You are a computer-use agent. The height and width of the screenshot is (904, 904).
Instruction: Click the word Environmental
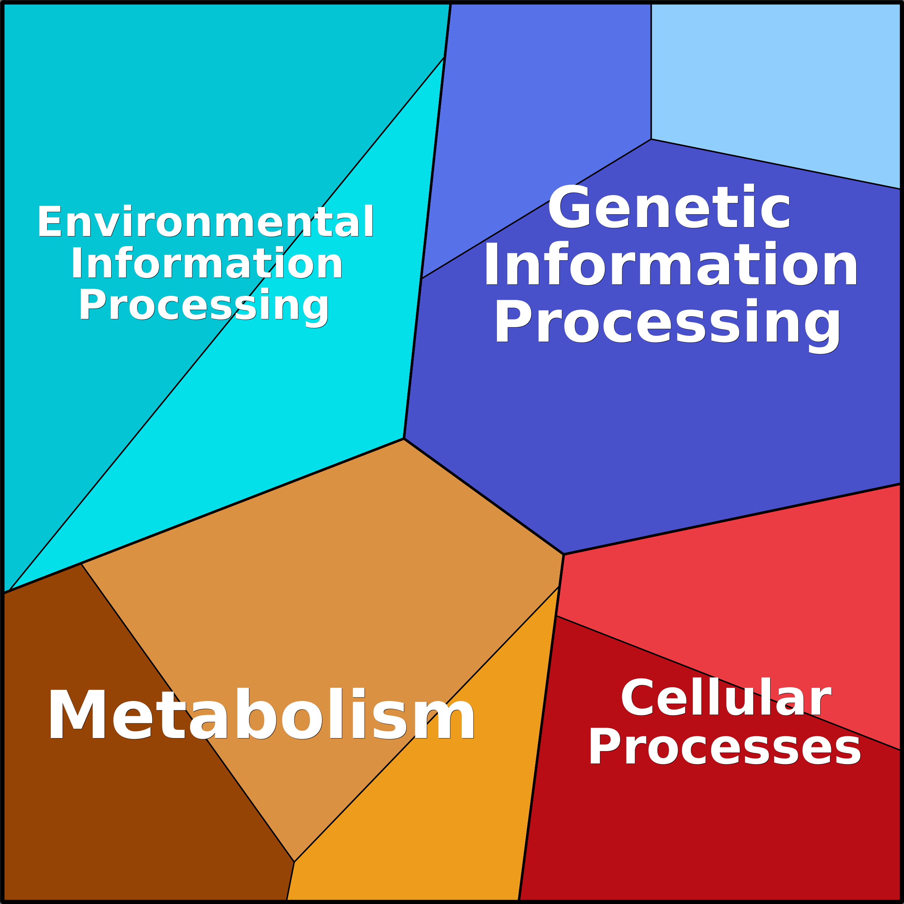point(205,221)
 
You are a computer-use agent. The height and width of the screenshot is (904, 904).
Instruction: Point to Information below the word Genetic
point(670,263)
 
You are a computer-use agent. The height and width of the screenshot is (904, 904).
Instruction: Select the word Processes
point(725,747)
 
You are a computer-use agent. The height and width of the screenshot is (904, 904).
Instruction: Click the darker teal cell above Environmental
point(164,117)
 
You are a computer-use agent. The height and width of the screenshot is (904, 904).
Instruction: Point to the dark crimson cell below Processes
point(702,833)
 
